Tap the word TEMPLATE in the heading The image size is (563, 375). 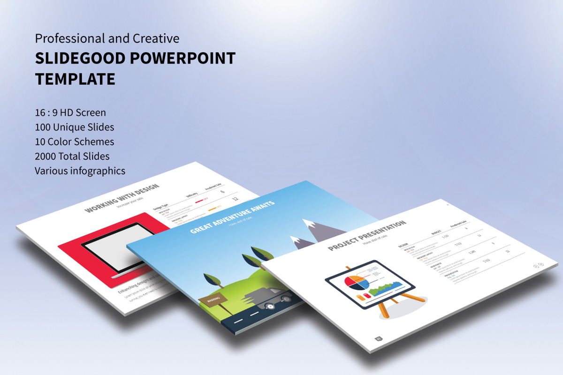point(75,79)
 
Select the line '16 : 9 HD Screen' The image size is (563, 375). point(70,112)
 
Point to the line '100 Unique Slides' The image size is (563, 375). point(74,127)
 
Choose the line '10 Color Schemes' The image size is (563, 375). point(74,142)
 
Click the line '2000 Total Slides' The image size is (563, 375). point(72,156)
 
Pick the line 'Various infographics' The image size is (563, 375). point(80,171)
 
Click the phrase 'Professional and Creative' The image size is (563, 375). point(107,38)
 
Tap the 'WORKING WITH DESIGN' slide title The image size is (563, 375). point(122,199)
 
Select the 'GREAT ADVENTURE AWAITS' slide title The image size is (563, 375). point(232,217)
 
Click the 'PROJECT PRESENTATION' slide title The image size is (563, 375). point(367,236)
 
